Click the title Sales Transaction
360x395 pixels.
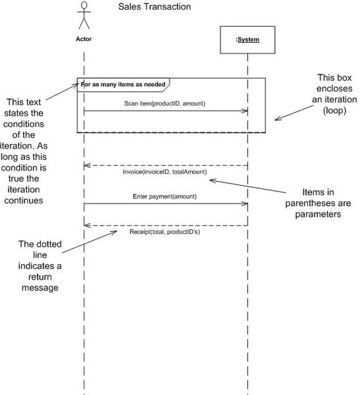[x=155, y=8]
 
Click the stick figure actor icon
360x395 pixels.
[x=84, y=16]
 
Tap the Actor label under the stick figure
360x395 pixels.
[x=84, y=39]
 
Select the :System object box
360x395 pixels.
[x=247, y=39]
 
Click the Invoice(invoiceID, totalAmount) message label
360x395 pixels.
[x=165, y=172]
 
